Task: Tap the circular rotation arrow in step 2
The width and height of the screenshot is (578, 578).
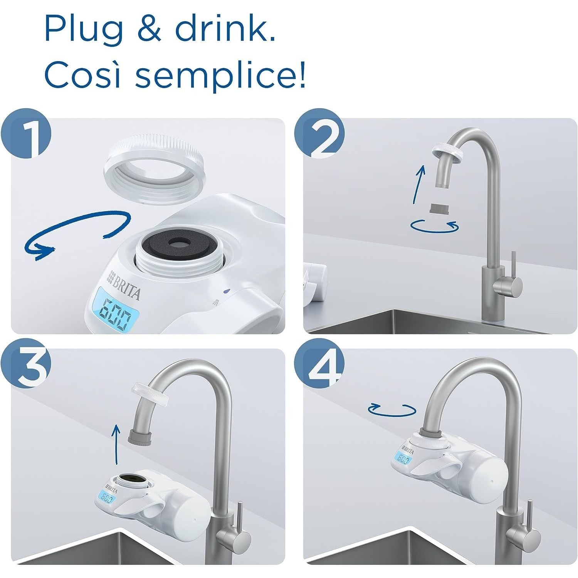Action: click(435, 226)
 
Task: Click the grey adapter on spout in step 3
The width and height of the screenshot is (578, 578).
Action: click(141, 438)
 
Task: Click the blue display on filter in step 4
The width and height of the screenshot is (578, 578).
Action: click(403, 459)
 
